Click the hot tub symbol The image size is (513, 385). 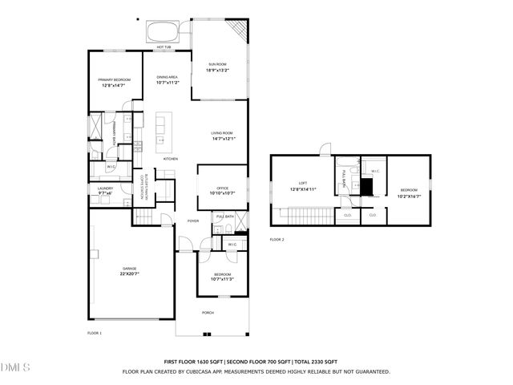[x=163, y=31]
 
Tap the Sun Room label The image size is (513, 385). [x=219, y=64]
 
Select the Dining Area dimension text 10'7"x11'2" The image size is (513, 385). [x=168, y=83]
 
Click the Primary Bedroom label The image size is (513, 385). [x=115, y=79]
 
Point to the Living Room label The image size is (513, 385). [x=222, y=132]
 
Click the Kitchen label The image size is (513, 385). [x=171, y=159]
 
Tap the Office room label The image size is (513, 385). [x=222, y=188]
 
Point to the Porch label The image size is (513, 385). [x=208, y=313]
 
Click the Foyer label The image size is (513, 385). [x=193, y=221]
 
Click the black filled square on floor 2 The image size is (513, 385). [x=367, y=187]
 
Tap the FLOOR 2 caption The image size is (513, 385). [x=277, y=240]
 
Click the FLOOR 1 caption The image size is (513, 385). [x=95, y=332]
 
